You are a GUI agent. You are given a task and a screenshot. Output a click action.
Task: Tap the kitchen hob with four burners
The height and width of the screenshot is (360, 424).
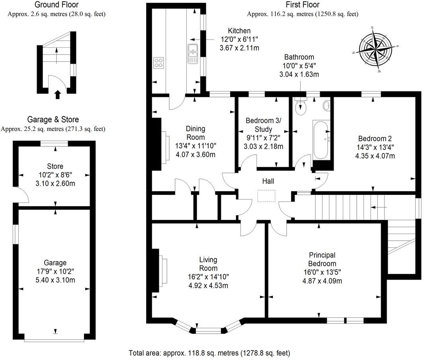click(x=158, y=62)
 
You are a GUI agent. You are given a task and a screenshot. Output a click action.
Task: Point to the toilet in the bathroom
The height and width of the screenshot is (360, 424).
click(x=300, y=107)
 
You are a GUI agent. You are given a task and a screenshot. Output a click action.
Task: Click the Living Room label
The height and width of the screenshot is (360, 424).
click(x=208, y=264)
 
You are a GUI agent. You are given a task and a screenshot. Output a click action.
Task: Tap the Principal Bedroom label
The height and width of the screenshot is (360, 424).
click(x=322, y=259)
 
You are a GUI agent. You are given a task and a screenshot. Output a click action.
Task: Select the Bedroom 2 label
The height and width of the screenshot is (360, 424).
click(x=375, y=139)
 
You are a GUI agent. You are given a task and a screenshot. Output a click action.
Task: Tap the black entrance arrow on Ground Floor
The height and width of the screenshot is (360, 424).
click(x=57, y=94)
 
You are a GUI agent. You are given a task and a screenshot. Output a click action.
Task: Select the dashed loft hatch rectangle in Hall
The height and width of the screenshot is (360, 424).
click(x=266, y=196)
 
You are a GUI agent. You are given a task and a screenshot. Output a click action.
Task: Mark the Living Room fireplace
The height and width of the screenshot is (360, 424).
click(x=163, y=272)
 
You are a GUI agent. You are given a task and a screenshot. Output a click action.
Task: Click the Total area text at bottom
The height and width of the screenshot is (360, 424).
click(x=209, y=352)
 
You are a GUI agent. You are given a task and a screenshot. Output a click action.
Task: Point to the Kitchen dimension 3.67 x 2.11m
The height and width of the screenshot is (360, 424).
click(x=239, y=48)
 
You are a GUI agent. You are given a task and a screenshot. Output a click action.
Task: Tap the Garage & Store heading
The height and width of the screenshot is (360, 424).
click(x=53, y=119)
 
